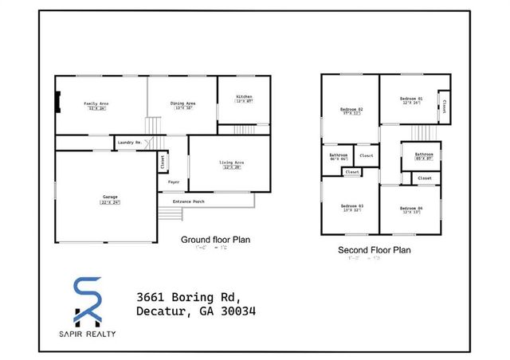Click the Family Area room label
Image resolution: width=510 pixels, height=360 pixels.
tap(96, 104)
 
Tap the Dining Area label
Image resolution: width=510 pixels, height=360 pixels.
tap(183, 104)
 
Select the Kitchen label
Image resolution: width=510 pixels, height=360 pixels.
tap(244, 98)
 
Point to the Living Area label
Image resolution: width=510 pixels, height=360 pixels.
tap(232, 163)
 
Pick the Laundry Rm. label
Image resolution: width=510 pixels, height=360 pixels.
tap(129, 143)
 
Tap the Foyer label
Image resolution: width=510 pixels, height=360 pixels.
tap(173, 182)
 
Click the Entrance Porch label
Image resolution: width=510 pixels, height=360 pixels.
tap(187, 202)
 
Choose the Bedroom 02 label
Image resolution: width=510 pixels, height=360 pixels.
tap(351, 110)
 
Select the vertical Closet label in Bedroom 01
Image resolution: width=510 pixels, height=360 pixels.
tap(444, 106)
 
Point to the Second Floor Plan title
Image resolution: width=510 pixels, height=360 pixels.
tap(375, 250)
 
